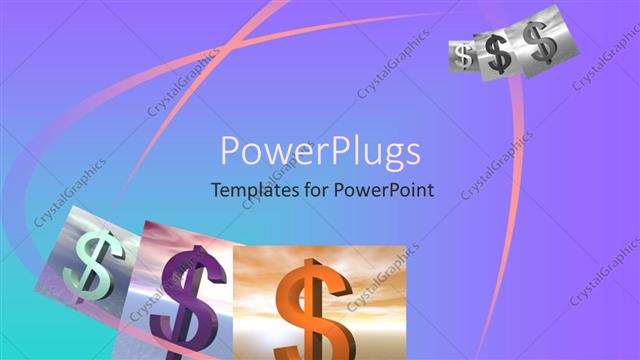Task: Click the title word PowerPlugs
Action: pyautogui.click(x=320, y=152)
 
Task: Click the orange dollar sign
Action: pyautogui.click(x=312, y=305)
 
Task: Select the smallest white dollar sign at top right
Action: pyautogui.click(x=462, y=56)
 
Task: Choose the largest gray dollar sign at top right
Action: pyautogui.click(x=540, y=43)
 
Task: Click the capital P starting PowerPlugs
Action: pyautogui.click(x=230, y=152)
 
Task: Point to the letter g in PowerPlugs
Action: pyautogui.click(x=386, y=156)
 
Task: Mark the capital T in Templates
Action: pyautogui.click(x=215, y=190)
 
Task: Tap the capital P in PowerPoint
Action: pyautogui.click(x=340, y=190)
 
